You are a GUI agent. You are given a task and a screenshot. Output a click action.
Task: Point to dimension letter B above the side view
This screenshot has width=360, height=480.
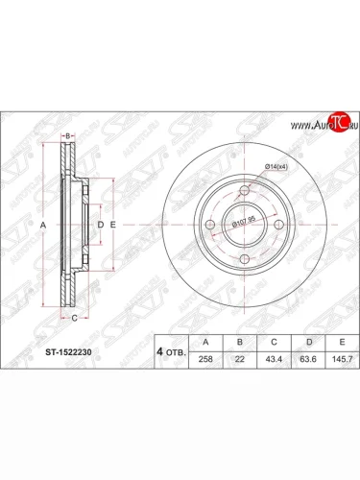(67, 136)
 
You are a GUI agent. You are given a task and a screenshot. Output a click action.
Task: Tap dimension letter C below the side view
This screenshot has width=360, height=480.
(72, 313)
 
